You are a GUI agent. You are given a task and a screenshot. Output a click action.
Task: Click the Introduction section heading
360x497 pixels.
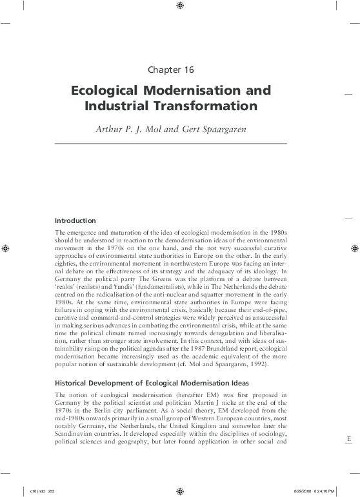pyautogui.click(x=75, y=220)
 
